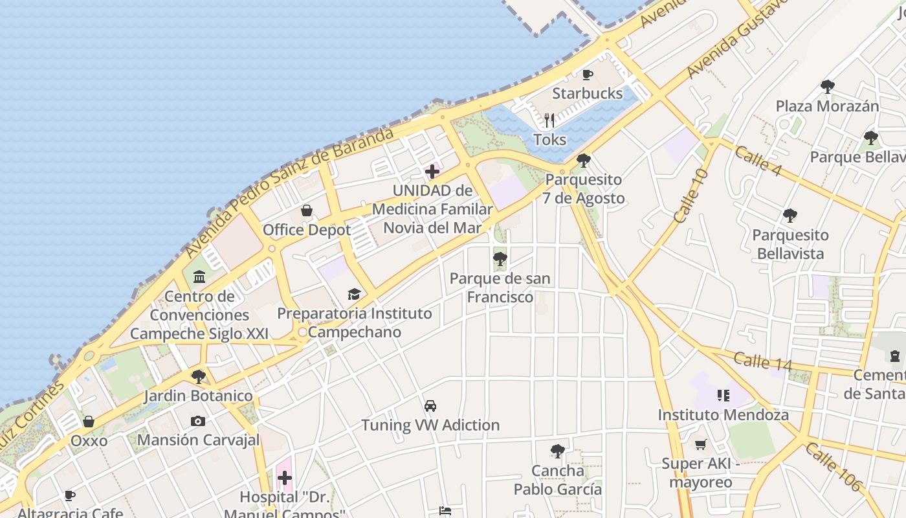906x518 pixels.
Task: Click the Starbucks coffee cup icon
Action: (588, 75)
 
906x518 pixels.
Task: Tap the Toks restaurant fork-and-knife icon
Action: (549, 120)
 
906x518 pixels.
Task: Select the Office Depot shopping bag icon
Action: (307, 210)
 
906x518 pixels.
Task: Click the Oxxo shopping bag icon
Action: (89, 422)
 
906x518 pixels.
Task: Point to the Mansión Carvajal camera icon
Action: (198, 421)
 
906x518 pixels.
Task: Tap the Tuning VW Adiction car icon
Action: (430, 406)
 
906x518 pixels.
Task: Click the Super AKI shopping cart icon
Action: (700, 444)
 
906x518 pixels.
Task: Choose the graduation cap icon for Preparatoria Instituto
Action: (353, 295)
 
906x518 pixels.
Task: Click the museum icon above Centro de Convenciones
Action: (199, 277)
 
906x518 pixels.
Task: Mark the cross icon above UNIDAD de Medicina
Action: (432, 172)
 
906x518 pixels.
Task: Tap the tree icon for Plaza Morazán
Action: (827, 86)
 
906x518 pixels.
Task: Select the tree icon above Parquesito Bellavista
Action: (790, 215)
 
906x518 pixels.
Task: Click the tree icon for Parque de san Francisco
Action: (500, 260)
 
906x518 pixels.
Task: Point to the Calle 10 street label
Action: (691, 197)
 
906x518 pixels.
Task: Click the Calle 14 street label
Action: (762, 361)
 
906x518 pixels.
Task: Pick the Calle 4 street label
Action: (758, 160)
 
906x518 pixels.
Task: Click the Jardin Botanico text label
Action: (198, 396)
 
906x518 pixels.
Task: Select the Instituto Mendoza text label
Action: (724, 414)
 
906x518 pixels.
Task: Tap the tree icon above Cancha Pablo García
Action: (557, 451)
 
